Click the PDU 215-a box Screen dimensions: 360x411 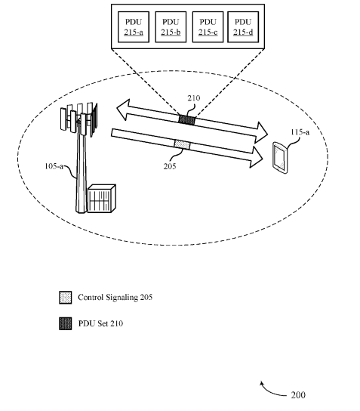[134, 26]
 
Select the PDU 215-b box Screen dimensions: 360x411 [171, 26]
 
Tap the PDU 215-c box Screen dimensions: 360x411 [208, 26]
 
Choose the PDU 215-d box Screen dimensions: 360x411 [243, 26]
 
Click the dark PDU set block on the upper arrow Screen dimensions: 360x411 [187, 120]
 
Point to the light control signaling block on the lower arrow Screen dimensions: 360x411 [182, 145]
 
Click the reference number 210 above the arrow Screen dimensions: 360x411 [194, 98]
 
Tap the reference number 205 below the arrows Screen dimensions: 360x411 [170, 166]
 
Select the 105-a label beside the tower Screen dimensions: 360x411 [54, 166]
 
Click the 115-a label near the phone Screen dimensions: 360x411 [300, 132]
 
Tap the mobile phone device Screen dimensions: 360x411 [280, 158]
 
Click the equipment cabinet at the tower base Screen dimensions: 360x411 [101, 199]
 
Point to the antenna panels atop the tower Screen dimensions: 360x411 [79, 119]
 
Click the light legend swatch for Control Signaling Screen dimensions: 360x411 [65, 298]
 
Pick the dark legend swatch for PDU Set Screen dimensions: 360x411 [65, 323]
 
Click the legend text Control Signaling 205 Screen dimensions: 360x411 [115, 297]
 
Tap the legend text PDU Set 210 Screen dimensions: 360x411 [100, 323]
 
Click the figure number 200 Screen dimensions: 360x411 [298, 394]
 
